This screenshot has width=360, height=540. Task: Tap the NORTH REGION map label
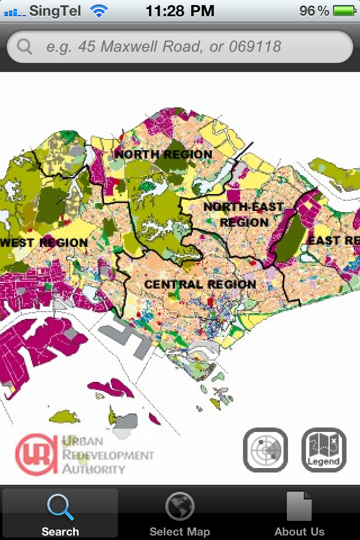pos(164,154)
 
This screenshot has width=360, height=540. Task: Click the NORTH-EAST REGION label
pos(244,214)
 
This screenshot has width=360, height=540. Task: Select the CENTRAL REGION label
pos(200,285)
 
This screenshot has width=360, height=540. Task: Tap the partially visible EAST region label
pos(333,241)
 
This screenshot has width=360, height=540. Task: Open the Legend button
pos(324,450)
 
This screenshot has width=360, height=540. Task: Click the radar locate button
pos(265,450)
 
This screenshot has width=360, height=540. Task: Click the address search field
pos(180,46)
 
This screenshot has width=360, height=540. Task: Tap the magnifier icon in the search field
pos(25,46)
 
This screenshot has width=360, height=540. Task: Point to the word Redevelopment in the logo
pos(107,455)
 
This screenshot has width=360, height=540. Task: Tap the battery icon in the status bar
pos(343,11)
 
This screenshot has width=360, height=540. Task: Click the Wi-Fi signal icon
pos(100,11)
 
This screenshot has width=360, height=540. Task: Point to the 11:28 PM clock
pos(180,11)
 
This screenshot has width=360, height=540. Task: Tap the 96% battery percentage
pos(314,11)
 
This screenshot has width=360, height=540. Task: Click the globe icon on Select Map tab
pos(180,506)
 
